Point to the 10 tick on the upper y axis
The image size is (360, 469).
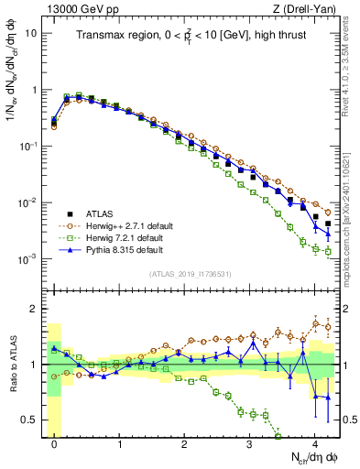[x=32, y=34]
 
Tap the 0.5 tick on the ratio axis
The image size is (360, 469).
[x=30, y=420]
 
